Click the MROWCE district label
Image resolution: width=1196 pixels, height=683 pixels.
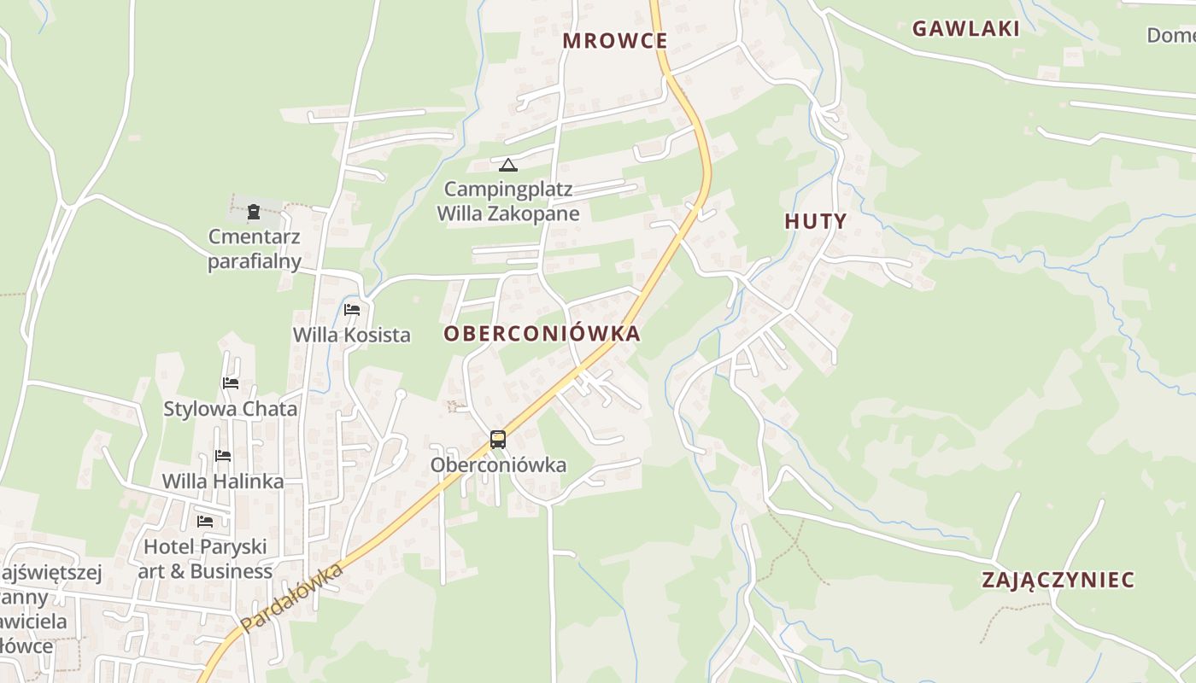point(615,40)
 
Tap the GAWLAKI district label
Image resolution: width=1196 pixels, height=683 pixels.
point(966,28)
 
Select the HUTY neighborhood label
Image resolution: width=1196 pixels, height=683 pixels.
point(816,221)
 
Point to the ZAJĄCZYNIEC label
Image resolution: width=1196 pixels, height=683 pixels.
point(1058,581)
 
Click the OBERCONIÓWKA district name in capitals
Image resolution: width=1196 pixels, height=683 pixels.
point(542,334)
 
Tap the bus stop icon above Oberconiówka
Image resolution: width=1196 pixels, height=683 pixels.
point(498,440)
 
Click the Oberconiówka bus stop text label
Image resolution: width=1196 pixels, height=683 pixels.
point(498,465)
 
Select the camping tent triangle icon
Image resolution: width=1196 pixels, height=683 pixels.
point(508,165)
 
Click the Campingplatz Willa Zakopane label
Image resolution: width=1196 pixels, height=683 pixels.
point(508,201)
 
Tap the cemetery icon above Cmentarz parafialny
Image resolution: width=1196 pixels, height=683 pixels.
point(254,212)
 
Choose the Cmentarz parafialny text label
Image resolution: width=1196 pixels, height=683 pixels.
point(255,248)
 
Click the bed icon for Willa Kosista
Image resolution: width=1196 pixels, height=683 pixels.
point(352,309)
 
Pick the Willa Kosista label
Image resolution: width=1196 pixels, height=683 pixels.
point(351,335)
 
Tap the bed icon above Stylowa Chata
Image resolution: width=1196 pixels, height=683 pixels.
point(231,383)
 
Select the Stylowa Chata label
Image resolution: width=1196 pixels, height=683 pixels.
point(231,409)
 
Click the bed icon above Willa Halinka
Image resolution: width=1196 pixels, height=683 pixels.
point(223,456)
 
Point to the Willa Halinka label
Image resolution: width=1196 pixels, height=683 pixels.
point(223,482)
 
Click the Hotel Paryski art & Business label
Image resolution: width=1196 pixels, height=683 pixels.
point(205,558)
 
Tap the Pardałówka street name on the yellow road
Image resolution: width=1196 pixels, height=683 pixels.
point(291,598)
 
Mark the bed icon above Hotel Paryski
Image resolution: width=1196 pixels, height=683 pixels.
point(205,521)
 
